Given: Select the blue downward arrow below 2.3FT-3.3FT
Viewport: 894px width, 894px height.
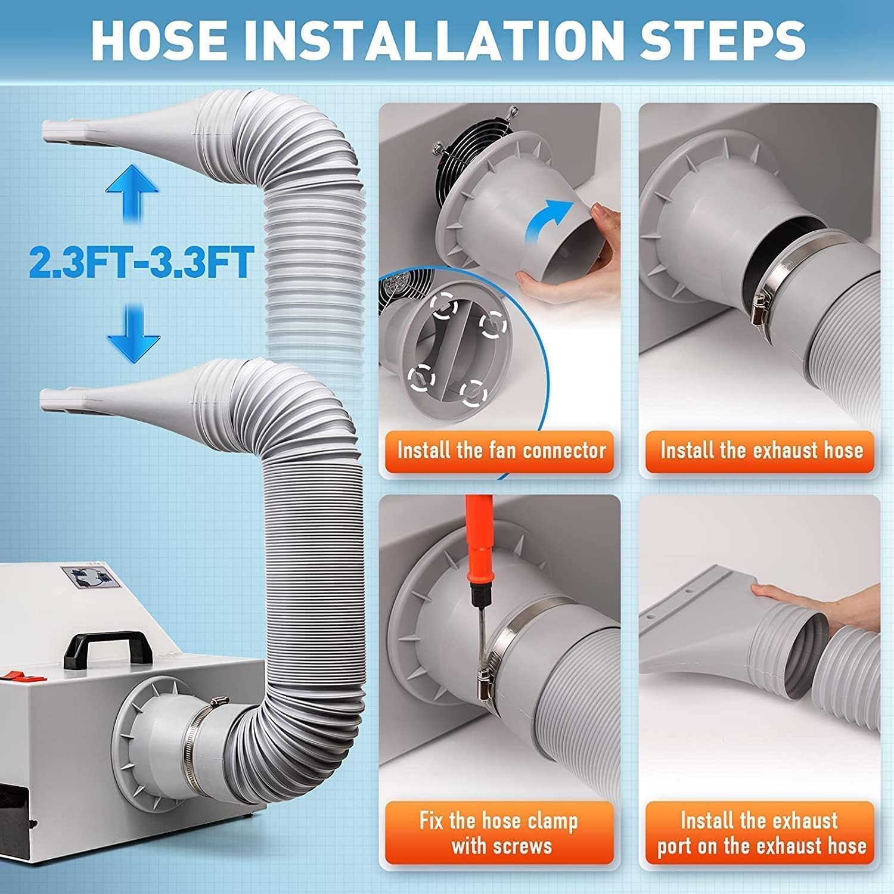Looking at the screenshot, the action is [x=134, y=331].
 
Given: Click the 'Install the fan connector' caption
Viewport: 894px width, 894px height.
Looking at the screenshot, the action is [x=501, y=450].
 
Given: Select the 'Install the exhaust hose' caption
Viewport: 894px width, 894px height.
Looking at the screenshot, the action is [x=761, y=450].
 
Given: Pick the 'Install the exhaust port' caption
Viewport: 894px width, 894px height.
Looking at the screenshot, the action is [x=761, y=833].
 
